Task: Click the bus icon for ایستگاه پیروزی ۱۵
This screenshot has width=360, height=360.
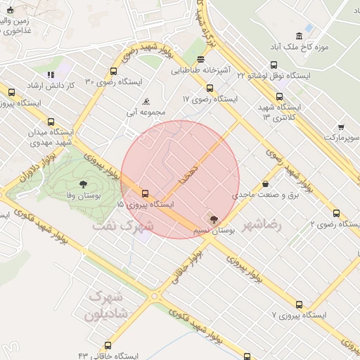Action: click(x=146, y=193)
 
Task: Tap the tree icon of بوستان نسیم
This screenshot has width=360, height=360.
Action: click(x=214, y=219)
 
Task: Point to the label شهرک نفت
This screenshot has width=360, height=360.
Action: click(x=123, y=226)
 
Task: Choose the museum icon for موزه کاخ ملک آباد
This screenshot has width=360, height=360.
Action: click(x=300, y=37)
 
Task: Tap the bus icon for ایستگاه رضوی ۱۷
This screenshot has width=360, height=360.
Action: click(x=210, y=88)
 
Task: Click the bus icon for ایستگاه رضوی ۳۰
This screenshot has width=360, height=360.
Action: click(x=114, y=71)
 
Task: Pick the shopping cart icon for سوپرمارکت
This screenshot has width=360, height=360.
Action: click(x=341, y=127)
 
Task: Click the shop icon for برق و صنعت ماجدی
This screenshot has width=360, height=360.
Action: click(x=265, y=184)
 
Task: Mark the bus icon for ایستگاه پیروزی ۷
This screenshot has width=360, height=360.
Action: click(x=300, y=305)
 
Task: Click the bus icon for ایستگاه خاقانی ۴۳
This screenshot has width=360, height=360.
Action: click(x=108, y=345)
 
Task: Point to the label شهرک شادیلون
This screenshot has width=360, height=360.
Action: click(x=105, y=307)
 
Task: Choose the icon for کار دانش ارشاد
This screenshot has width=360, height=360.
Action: click(x=50, y=74)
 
